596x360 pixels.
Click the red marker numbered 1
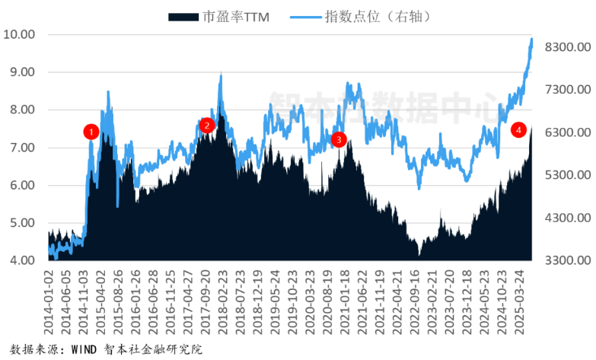91,132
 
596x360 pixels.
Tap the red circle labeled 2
206,126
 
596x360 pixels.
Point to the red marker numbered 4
518,130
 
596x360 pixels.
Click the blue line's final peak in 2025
531,38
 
